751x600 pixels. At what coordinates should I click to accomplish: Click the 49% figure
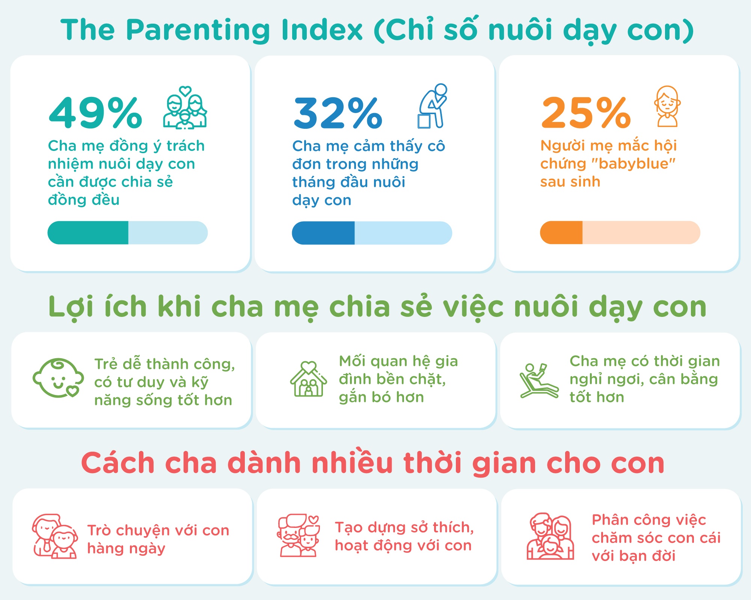click(x=95, y=113)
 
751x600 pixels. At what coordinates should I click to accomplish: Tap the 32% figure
click(x=338, y=113)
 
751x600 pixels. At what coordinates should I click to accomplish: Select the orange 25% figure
click(x=586, y=113)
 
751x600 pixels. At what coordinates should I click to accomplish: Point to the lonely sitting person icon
click(x=433, y=106)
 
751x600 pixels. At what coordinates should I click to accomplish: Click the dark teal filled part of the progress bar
click(x=88, y=233)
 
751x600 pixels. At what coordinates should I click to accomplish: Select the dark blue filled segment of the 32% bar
click(x=323, y=233)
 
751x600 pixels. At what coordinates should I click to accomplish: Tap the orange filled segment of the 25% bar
click(x=561, y=233)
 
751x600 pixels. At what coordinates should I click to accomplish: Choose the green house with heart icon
click(x=308, y=379)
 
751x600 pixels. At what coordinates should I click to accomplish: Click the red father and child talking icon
click(x=55, y=536)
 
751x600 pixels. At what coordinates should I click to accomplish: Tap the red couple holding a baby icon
click(x=550, y=536)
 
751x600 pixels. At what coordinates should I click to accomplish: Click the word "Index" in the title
click(x=322, y=30)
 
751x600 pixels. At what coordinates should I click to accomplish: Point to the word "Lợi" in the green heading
click(x=71, y=307)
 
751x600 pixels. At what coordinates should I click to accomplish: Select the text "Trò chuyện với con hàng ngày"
click(x=158, y=539)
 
